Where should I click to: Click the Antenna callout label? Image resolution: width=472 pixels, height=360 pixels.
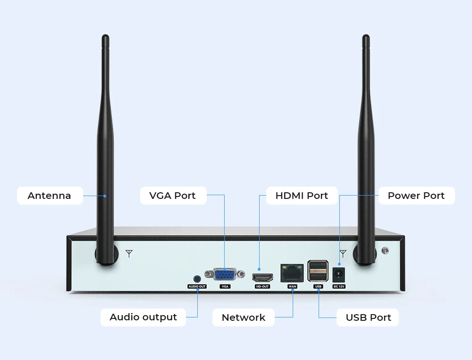pyautogui.click(x=50, y=196)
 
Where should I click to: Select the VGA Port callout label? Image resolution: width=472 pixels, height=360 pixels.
pyautogui.click(x=173, y=196)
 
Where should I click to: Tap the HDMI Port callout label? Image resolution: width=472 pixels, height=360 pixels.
pyautogui.click(x=302, y=196)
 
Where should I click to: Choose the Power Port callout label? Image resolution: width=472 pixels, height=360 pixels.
pyautogui.click(x=416, y=196)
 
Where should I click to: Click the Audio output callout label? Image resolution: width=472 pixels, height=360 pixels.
pyautogui.click(x=143, y=317)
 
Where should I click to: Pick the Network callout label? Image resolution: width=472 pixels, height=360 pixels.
pyautogui.click(x=244, y=317)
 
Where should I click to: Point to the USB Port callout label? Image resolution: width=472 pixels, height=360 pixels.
pyautogui.click(x=368, y=317)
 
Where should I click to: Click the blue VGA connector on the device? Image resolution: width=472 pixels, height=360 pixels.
pyautogui.click(x=225, y=274)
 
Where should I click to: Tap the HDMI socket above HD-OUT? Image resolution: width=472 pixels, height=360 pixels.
pyautogui.click(x=262, y=277)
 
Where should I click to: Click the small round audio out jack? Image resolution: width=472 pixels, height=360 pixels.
pyautogui.click(x=197, y=279)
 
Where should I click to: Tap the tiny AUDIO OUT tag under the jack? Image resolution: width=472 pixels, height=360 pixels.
pyautogui.click(x=197, y=287)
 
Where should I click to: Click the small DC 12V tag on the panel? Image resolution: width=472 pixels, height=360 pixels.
pyautogui.click(x=339, y=287)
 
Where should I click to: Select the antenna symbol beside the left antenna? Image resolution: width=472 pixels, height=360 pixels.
pyautogui.click(x=129, y=254)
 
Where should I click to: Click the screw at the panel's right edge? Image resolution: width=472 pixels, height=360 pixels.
pyautogui.click(x=386, y=250)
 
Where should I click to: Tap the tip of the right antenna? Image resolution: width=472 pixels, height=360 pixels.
pyautogui.click(x=365, y=38)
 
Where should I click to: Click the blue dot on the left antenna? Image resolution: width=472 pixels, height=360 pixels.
pyautogui.click(x=105, y=196)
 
